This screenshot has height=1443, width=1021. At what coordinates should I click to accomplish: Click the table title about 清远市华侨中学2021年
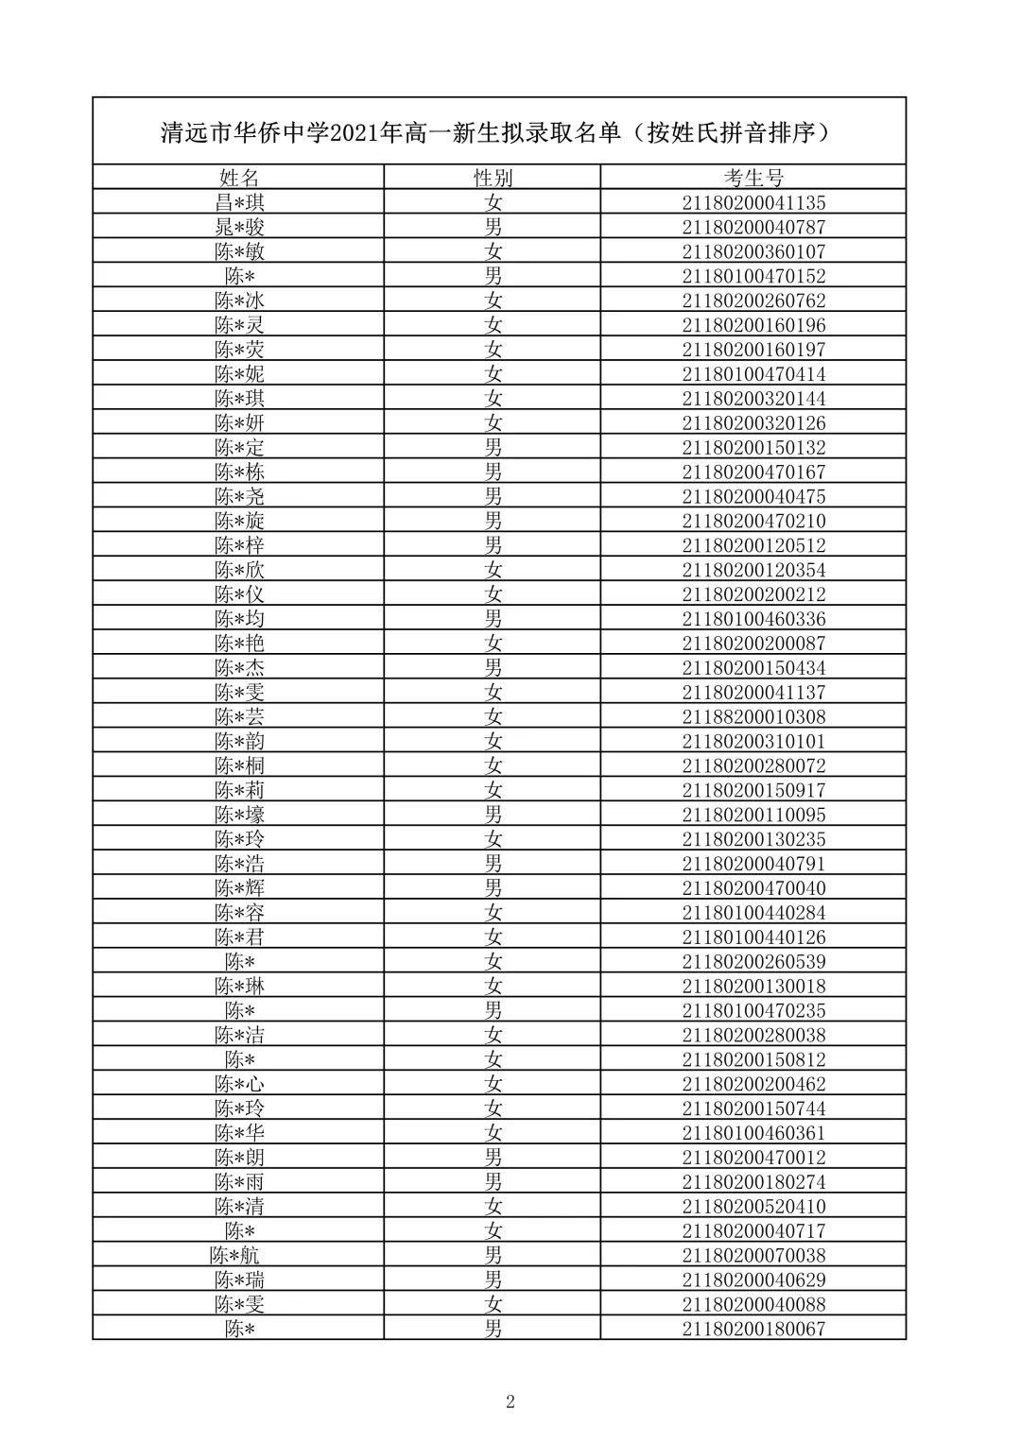[499, 132]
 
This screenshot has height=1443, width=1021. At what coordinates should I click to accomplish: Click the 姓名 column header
[238, 178]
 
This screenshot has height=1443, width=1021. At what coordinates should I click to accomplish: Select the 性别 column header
[493, 178]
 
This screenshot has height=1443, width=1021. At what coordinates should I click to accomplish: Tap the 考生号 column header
[753, 178]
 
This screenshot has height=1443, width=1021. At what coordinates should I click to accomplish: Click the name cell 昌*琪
[239, 202]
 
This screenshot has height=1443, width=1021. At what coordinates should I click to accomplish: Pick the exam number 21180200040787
[753, 227]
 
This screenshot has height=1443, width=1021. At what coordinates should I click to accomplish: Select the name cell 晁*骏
[239, 227]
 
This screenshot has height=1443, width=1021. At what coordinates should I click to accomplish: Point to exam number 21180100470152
[753, 276]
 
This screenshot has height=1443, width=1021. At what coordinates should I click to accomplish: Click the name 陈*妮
[239, 374]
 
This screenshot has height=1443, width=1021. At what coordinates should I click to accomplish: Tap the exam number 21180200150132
[753, 447]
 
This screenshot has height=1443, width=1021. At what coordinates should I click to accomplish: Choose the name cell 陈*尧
[239, 496]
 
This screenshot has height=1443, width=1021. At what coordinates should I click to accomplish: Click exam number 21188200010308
[753, 716]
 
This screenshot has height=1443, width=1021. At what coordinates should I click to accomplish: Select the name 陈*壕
[239, 815]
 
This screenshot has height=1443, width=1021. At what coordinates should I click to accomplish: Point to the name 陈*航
[234, 1255]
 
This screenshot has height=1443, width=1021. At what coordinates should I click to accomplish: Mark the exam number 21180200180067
[753, 1329]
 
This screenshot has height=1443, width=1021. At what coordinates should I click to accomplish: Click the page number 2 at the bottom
[510, 1401]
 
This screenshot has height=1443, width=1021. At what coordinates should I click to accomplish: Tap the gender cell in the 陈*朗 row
[493, 1158]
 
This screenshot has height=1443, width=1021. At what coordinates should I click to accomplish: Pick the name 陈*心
[239, 1084]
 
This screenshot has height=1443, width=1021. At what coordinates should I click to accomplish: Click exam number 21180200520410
[753, 1206]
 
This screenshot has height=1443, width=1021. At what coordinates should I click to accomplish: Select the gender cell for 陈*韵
[493, 741]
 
